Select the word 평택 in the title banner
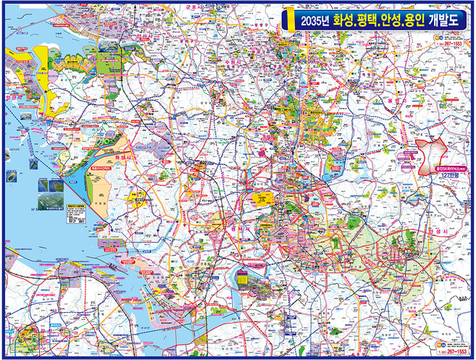372,21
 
